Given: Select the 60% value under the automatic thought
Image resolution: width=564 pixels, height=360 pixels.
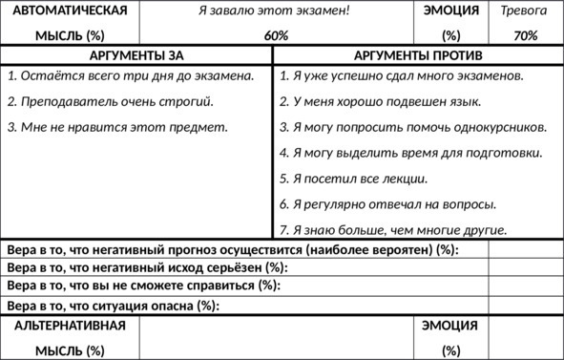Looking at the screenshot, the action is pos(276,35).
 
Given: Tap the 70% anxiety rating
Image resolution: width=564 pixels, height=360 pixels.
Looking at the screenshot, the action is pos(525,35).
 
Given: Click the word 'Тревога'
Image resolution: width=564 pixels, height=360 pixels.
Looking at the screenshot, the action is pos(525,11).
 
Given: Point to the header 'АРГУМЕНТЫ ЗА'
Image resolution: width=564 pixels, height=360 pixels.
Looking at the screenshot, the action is pos(136,55).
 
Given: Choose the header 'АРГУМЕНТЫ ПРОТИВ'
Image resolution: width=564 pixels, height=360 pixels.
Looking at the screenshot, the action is pos(418,55).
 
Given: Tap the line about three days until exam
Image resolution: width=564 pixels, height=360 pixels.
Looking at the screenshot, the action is pos(130,74).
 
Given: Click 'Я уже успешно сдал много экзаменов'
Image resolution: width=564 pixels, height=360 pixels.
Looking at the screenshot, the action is pos(401,74).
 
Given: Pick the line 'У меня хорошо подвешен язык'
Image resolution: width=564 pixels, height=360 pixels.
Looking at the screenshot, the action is pos(380,100).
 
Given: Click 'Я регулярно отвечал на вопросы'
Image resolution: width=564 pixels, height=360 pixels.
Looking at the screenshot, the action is pos(387,203).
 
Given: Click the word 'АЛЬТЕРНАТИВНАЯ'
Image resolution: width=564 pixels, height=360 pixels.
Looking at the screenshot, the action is pos(70,326).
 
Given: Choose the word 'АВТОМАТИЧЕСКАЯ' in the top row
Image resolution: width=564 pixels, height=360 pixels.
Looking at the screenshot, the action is pos(70,11).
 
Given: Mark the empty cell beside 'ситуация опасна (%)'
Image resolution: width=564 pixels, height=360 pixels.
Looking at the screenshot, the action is pos(525,306).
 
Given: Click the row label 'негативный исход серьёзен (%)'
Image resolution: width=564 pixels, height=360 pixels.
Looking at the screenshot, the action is pos(147,267).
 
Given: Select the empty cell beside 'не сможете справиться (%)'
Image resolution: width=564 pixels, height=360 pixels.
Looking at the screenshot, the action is pos(525,286).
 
